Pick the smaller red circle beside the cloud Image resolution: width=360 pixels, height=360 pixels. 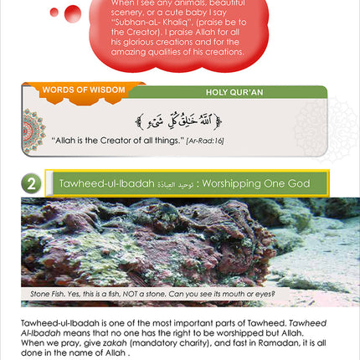(54, 12)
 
